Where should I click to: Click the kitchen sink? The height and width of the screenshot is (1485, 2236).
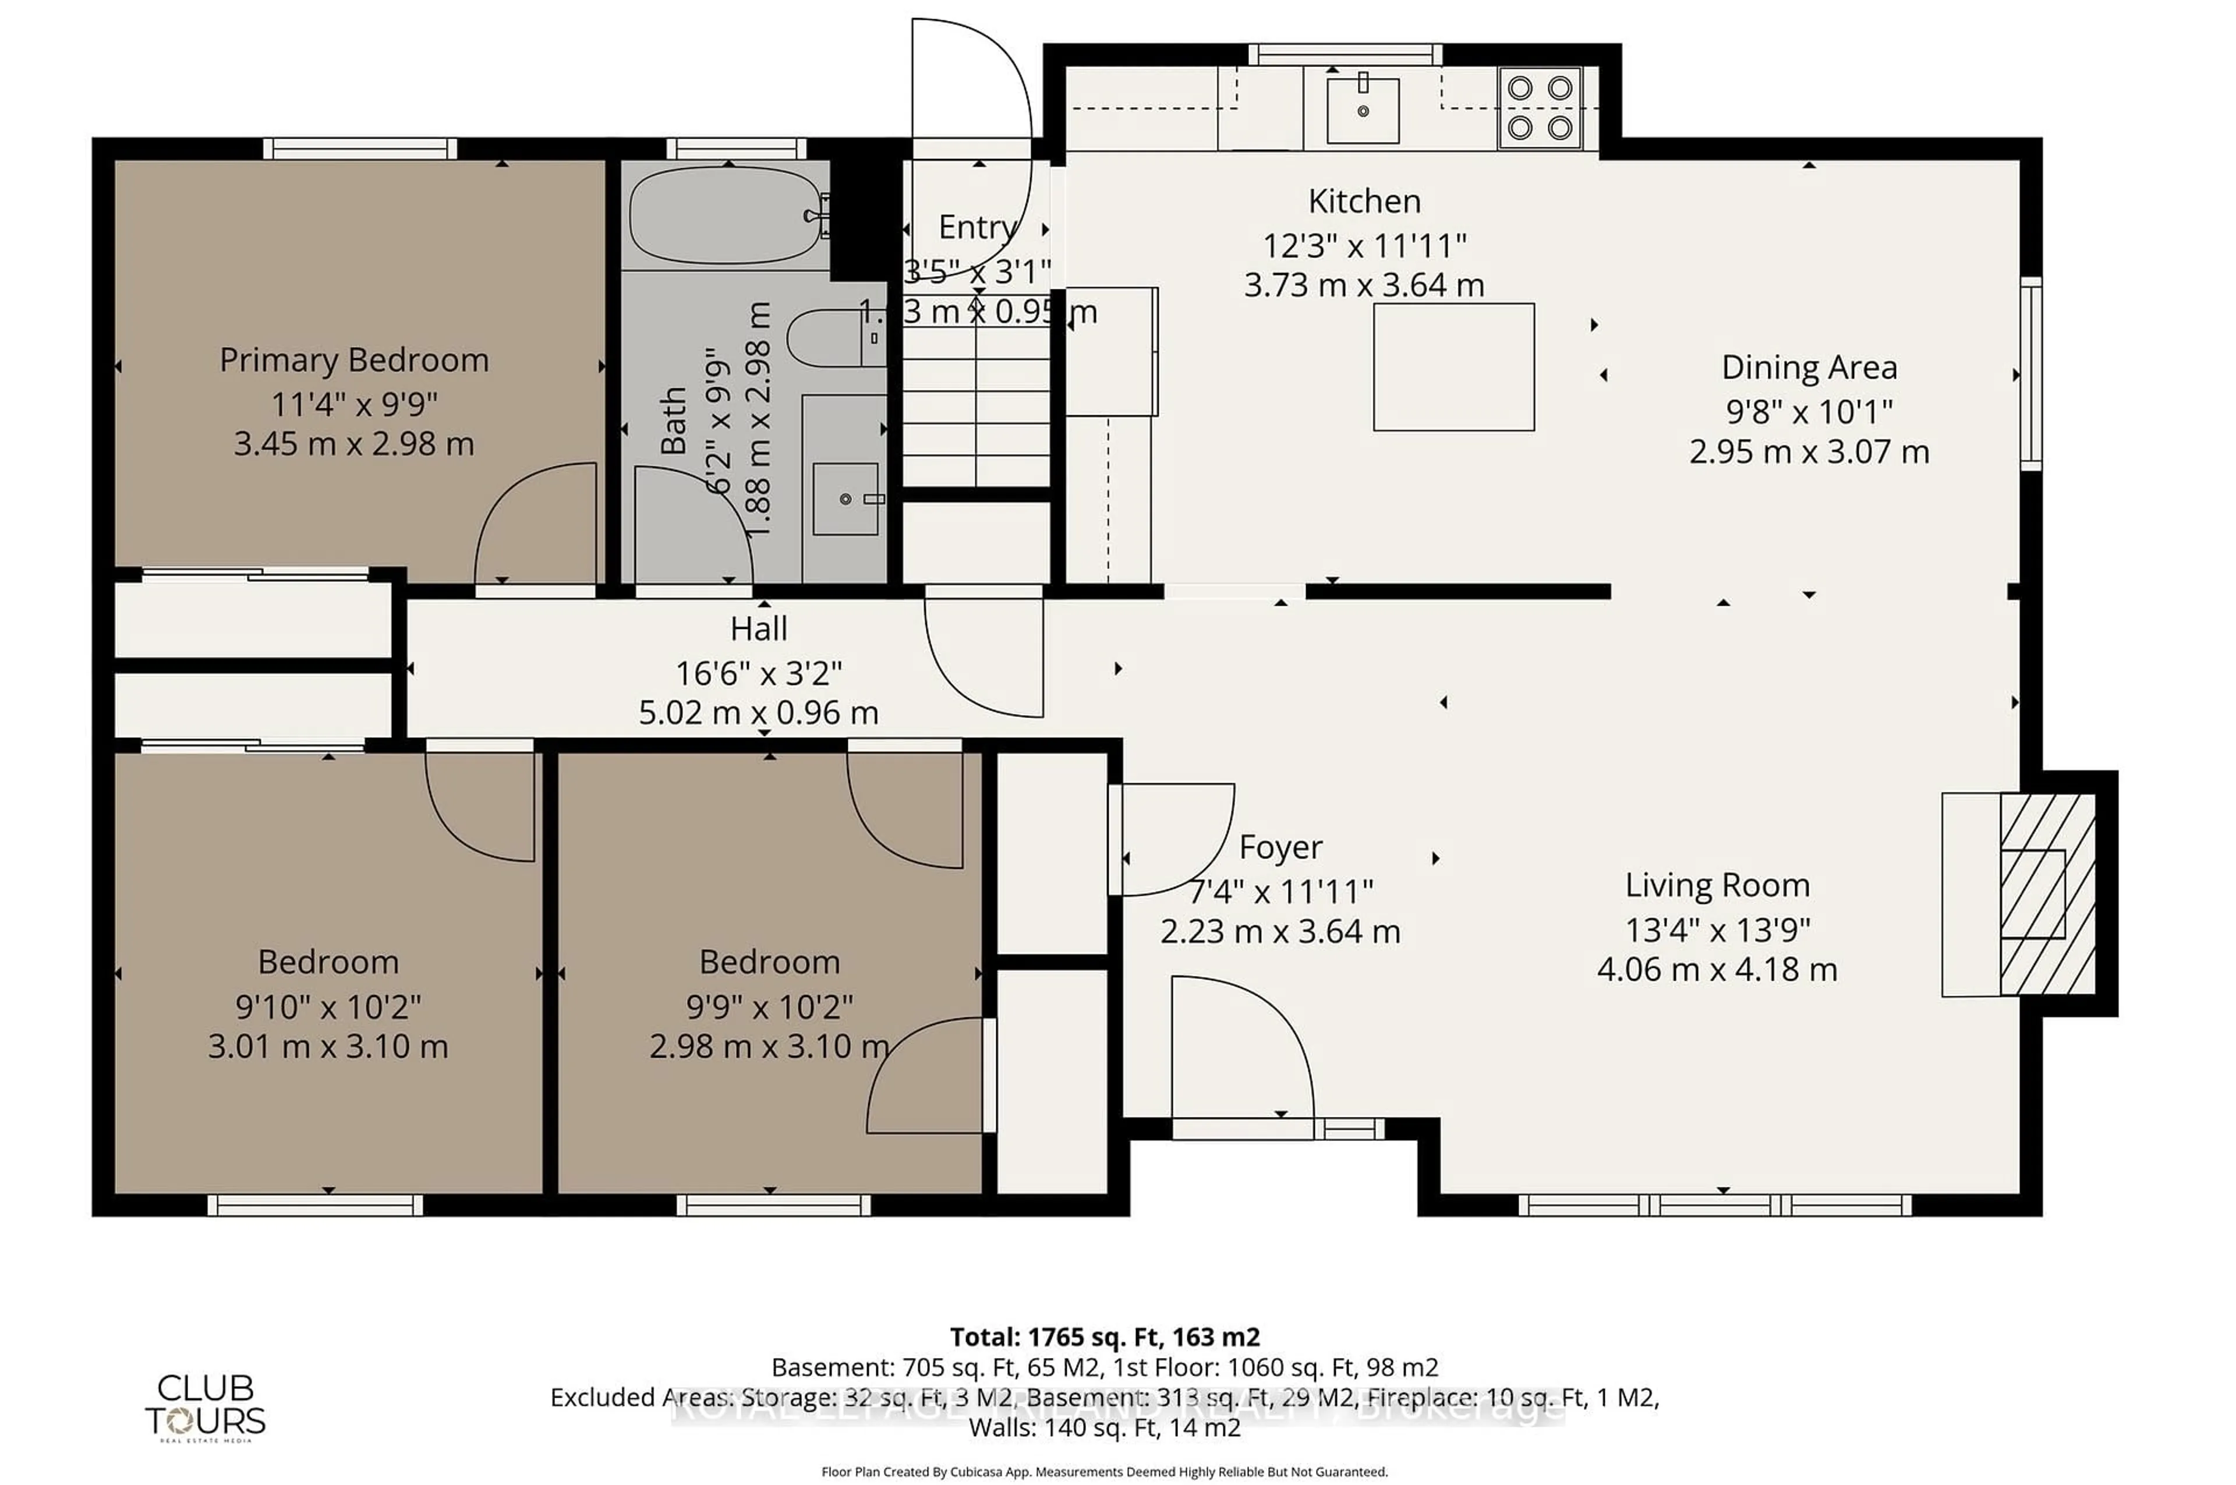tap(1362, 111)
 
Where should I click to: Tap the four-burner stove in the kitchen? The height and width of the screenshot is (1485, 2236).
tap(1539, 108)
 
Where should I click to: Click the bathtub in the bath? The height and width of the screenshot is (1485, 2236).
tap(726, 216)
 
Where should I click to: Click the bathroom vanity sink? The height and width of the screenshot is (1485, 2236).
tap(845, 499)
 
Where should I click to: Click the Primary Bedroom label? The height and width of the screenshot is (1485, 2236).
tap(354, 361)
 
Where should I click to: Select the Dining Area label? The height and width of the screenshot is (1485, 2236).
tap(1808, 367)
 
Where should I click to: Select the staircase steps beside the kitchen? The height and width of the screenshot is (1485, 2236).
tap(975, 407)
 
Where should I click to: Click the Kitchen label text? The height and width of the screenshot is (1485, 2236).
tap(1364, 201)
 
